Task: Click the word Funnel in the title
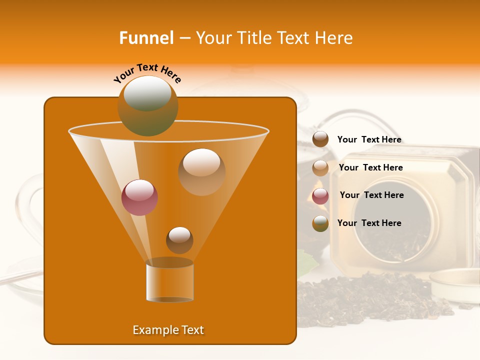[x=146, y=38]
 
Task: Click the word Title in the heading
[x=253, y=38]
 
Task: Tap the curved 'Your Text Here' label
[x=147, y=73]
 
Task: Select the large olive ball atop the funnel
[x=147, y=105]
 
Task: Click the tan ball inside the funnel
[x=201, y=171]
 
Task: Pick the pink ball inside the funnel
[x=139, y=197]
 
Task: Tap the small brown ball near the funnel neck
[x=179, y=240]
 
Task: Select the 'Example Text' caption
[x=168, y=330]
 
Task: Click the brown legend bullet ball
[x=320, y=139]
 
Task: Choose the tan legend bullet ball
[x=320, y=168]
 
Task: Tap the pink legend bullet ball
[x=320, y=196]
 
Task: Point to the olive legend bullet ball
[x=320, y=223]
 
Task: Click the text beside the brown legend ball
[x=369, y=140]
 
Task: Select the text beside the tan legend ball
[x=370, y=167]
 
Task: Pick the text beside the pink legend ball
[x=371, y=195]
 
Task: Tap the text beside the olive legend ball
[x=369, y=223]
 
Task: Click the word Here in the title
[x=334, y=38]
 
